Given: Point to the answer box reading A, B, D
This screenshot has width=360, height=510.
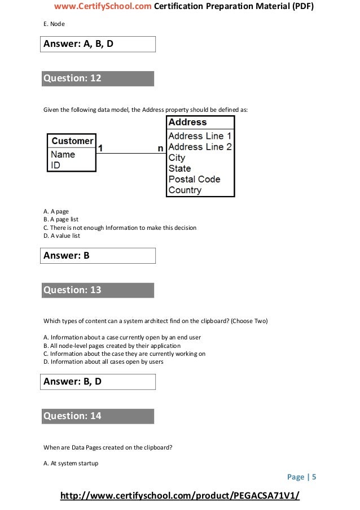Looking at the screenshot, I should click(x=97, y=43).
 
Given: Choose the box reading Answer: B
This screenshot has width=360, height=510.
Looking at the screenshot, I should click(x=97, y=256).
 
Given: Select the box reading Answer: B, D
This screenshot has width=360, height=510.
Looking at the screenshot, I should click(x=97, y=382).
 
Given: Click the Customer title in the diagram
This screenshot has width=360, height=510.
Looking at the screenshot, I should click(x=72, y=141).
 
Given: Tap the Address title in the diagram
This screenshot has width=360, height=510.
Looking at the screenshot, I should click(x=188, y=122).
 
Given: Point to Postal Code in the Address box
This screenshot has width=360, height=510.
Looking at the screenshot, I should click(x=194, y=180).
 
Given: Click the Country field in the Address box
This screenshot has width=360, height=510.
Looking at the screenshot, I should click(x=185, y=190).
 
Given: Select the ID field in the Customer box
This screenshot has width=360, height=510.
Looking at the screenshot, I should click(x=56, y=165).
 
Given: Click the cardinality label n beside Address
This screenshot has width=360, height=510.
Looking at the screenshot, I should click(x=160, y=147).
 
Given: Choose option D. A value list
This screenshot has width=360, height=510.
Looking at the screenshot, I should click(x=62, y=236).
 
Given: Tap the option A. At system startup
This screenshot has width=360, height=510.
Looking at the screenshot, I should click(x=71, y=464).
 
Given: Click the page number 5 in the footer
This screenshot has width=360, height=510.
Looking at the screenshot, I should click(x=314, y=477).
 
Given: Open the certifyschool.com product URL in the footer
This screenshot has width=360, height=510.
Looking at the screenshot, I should click(x=179, y=496).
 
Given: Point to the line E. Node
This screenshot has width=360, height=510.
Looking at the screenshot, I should click(x=54, y=25).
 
